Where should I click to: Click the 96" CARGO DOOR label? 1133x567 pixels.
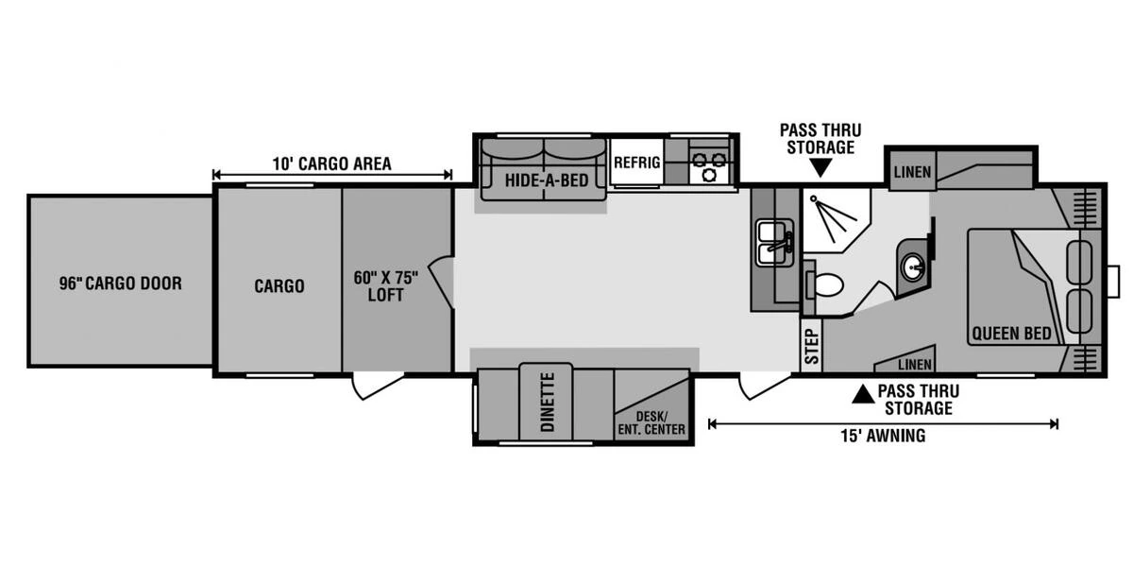point(119,283)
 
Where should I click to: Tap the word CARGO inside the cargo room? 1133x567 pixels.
point(279,285)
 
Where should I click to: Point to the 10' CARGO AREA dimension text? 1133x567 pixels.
point(331,163)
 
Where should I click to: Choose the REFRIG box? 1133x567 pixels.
point(636,163)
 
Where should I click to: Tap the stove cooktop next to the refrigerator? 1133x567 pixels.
point(707,165)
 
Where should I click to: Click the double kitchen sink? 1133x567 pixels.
point(775,241)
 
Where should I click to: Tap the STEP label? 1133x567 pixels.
point(809,347)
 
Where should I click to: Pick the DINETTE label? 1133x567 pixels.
point(546,403)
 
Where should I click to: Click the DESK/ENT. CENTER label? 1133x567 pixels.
point(651,421)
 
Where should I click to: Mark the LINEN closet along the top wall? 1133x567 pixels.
point(911,171)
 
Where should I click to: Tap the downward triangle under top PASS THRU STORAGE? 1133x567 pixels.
point(820,169)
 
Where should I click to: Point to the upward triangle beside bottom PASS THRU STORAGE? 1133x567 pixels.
point(861,395)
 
